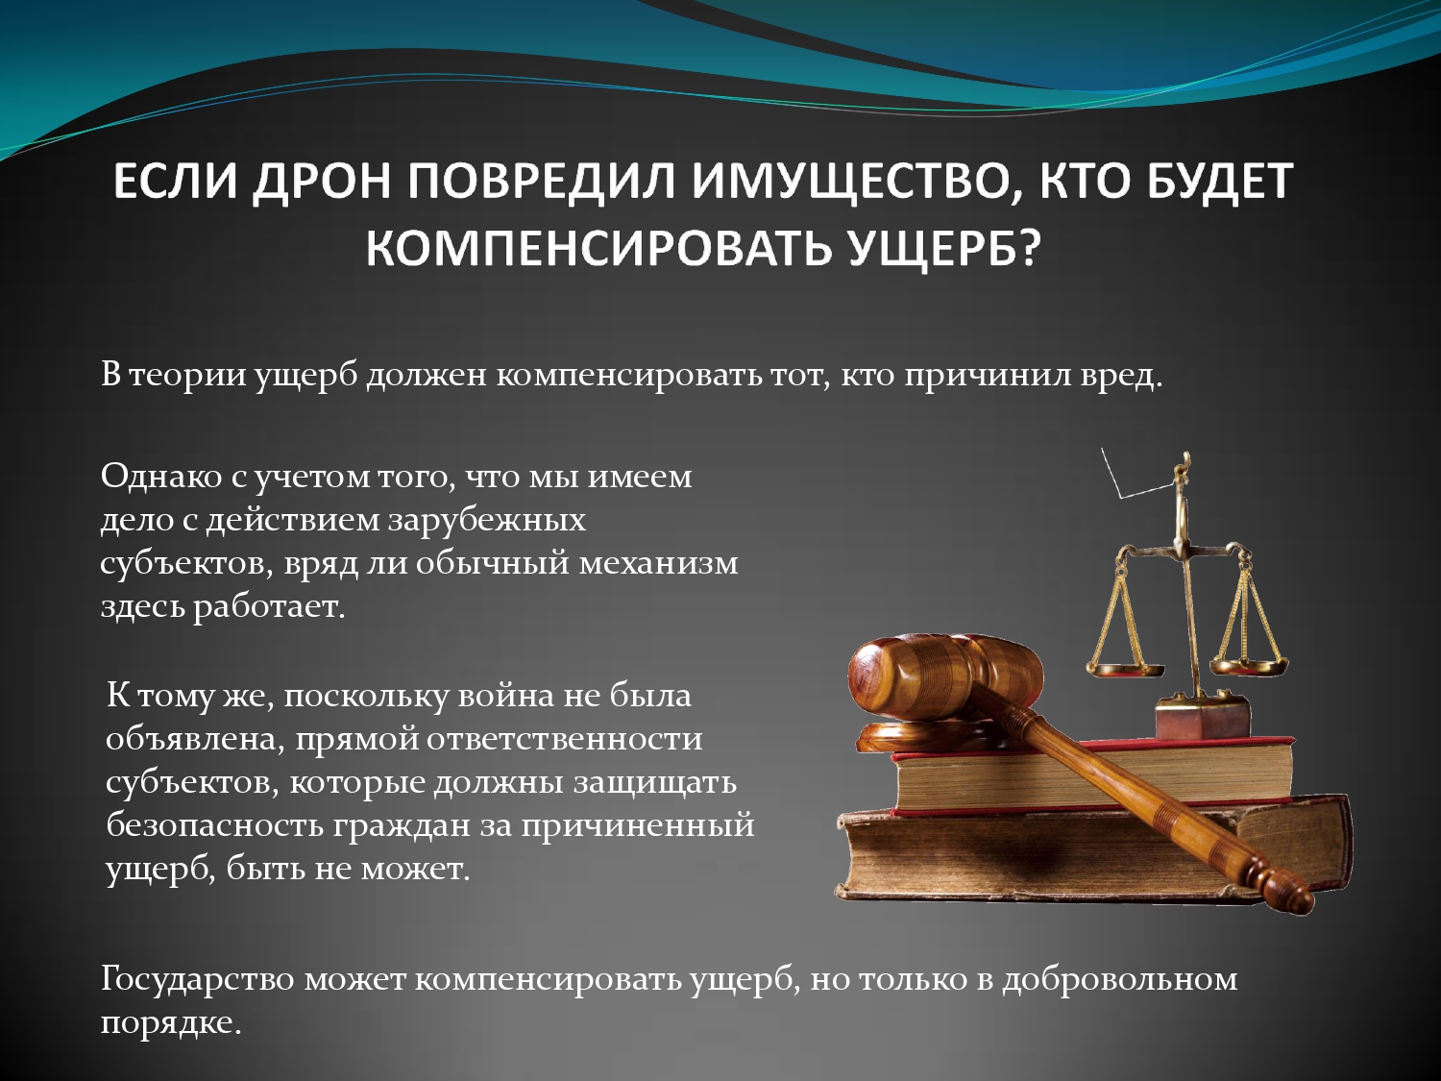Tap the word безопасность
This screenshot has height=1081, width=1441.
[x=214, y=825]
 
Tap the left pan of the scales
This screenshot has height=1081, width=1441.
[x=1125, y=669]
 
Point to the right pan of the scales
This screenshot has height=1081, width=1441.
[x=1249, y=666]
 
